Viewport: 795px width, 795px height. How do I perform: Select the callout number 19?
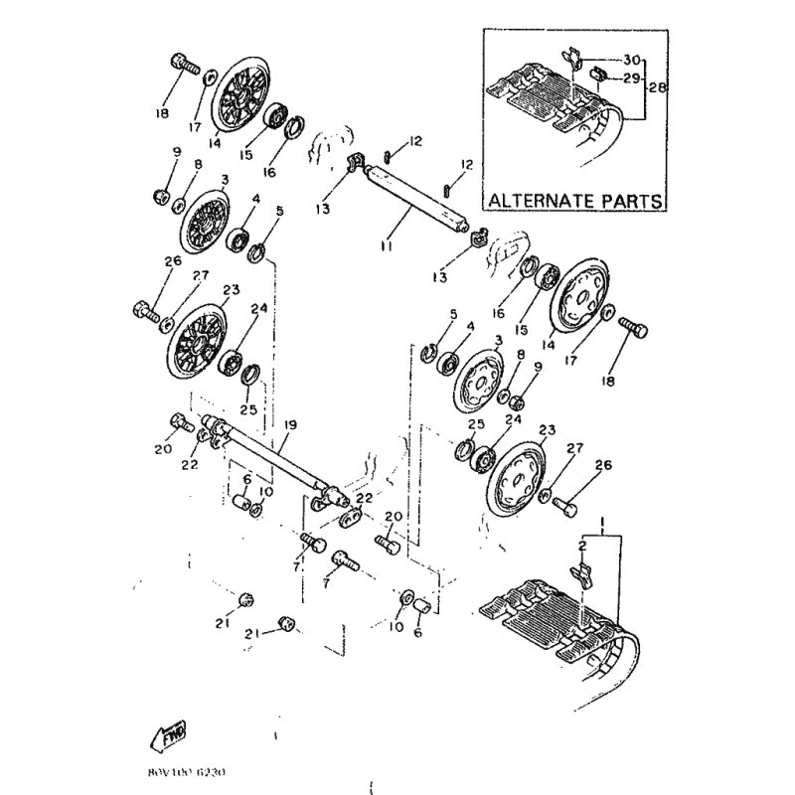click(290, 425)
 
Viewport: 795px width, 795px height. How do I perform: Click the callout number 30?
click(634, 60)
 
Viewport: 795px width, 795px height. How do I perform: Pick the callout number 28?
click(656, 87)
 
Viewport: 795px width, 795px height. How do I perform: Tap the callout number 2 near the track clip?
click(582, 546)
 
